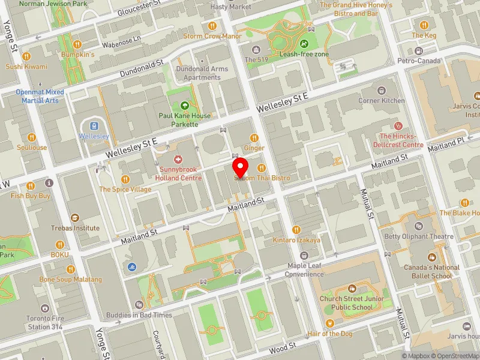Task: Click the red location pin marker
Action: [241, 166]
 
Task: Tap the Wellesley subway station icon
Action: [94, 126]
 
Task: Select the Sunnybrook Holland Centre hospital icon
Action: [178, 160]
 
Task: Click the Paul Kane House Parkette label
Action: [185, 119]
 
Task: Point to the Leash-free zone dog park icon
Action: [304, 44]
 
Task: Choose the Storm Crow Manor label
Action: [212, 36]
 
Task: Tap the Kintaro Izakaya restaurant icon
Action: [296, 230]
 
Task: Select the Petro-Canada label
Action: [419, 61]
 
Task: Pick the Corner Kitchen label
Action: [382, 101]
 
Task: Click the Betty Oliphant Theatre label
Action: [419, 236]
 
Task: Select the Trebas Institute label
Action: [74, 228]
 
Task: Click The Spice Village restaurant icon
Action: [125, 179]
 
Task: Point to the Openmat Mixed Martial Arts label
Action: [40, 96]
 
